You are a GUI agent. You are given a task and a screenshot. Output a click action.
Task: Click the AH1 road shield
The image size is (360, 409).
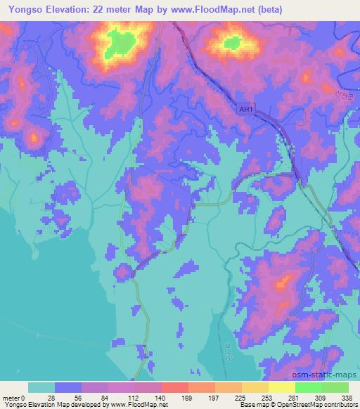click(x=245, y=110)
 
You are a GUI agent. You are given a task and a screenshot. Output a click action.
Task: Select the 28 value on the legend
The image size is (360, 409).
click(x=51, y=397)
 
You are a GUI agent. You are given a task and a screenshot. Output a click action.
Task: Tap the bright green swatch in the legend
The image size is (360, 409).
click(x=308, y=387)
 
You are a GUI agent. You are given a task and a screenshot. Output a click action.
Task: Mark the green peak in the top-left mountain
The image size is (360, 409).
click(x=120, y=46)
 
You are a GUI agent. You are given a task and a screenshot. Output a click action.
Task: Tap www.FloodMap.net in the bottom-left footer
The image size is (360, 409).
click(x=136, y=405)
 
